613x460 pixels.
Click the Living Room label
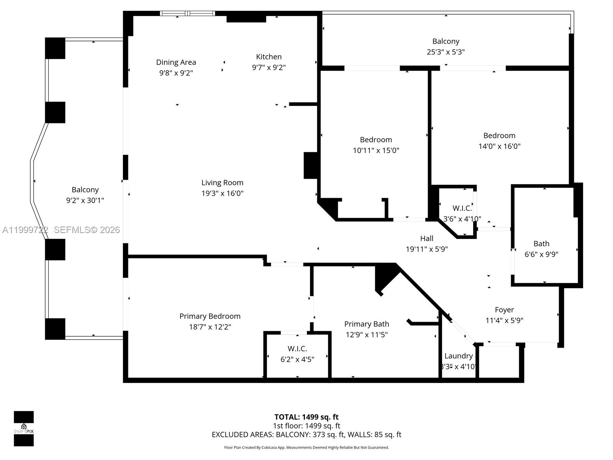click(222, 183)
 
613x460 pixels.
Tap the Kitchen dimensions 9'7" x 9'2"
click(269, 67)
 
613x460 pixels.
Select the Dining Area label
click(176, 62)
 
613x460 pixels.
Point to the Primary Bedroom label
click(210, 316)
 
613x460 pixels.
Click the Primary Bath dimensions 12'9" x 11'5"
click(367, 335)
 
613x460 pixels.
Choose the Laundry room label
click(458, 356)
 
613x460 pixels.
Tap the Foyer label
click(504, 310)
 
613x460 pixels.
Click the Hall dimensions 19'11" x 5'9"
click(426, 249)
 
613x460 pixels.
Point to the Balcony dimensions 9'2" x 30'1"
click(85, 200)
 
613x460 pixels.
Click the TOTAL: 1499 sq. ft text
click(306, 417)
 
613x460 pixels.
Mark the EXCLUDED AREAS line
click(306, 435)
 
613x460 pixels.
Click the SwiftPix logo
click(24, 429)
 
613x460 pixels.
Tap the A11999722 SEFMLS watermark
click(61, 230)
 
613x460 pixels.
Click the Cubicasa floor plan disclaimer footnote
click(306, 447)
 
